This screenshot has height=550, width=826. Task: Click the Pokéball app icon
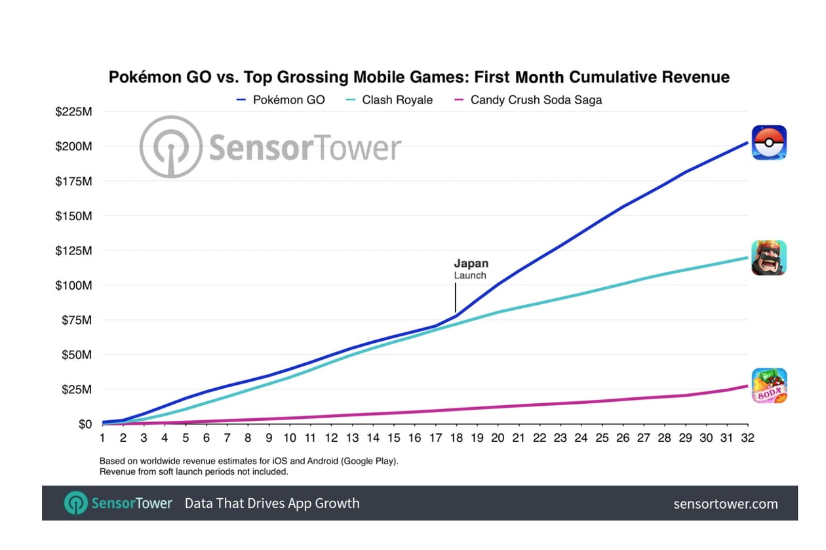769,142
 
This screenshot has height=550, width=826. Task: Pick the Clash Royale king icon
769,258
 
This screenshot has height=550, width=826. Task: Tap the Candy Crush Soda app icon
769,385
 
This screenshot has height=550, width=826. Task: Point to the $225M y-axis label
73,111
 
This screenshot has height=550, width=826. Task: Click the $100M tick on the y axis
73,285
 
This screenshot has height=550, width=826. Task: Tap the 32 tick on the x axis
747,438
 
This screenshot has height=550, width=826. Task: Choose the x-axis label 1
102,438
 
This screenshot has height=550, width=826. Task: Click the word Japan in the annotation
471,264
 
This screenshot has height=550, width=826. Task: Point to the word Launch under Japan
470,275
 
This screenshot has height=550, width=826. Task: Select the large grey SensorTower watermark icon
171,147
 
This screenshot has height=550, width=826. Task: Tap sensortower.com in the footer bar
726,503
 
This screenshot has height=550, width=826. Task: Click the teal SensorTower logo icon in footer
76,503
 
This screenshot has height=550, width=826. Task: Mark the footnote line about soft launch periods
193,471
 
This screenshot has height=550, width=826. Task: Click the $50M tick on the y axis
75,355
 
